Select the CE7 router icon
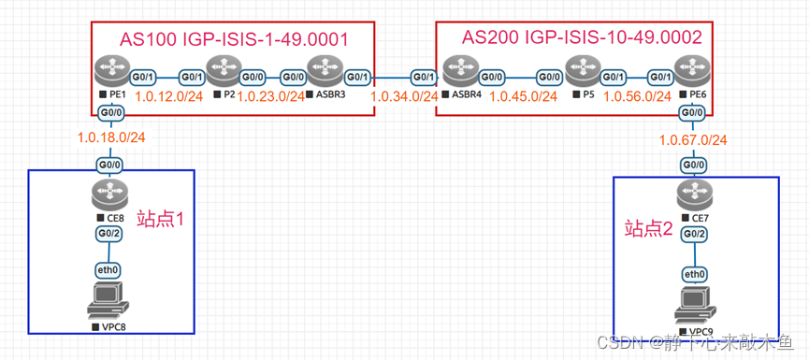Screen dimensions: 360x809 693,196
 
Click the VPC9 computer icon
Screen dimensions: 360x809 693,306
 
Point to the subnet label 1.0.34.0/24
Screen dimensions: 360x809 404,96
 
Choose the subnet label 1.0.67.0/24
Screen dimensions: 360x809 693,139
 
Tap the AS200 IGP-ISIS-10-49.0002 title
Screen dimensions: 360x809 582,36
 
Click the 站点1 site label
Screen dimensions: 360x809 166,221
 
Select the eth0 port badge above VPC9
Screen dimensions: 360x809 693,274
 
